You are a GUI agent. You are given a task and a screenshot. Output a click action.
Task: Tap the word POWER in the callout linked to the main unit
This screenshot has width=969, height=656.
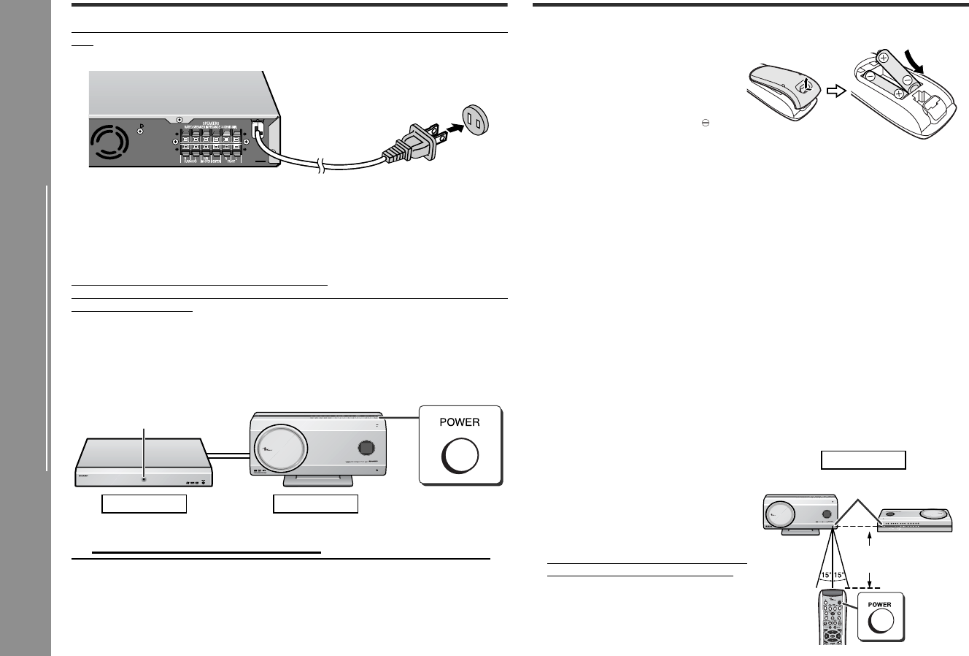[x=459, y=422]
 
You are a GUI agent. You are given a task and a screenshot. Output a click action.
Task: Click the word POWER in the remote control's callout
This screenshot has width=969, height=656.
[x=880, y=604]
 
